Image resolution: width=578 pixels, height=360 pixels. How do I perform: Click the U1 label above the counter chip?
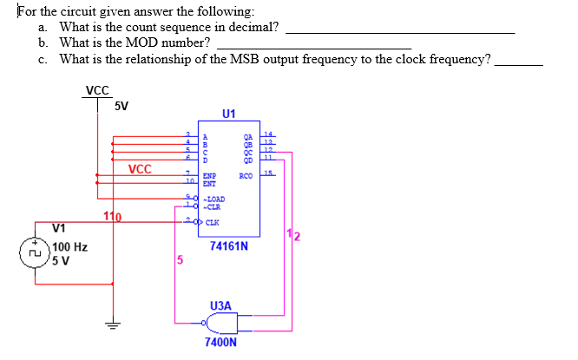point(228,114)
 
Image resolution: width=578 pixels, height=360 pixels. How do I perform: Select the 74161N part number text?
point(229,246)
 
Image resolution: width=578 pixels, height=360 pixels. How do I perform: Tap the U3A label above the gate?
point(220,305)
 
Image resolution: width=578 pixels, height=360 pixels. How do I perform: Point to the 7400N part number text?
point(220,343)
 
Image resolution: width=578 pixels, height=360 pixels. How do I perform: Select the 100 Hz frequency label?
point(69,247)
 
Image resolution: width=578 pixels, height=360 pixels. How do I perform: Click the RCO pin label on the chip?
point(246,176)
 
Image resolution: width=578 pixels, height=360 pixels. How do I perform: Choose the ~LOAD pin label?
point(213,199)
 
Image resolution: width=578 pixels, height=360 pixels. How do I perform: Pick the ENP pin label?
point(208,176)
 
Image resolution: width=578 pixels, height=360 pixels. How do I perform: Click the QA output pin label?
point(247,136)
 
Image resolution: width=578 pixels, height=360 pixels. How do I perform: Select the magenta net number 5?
point(180,259)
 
